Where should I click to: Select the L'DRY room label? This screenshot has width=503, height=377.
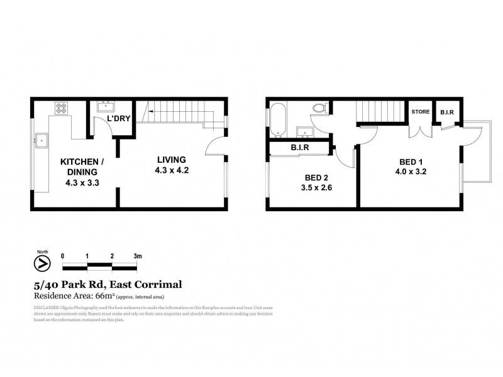[118, 119]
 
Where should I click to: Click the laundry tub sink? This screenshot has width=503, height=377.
[105, 107]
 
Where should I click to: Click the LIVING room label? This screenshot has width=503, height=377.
[172, 160]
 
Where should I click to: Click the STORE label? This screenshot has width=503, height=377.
[421, 112]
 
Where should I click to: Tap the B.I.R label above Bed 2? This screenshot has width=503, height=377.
[299, 149]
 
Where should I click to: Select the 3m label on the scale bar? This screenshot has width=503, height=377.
[138, 256]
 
